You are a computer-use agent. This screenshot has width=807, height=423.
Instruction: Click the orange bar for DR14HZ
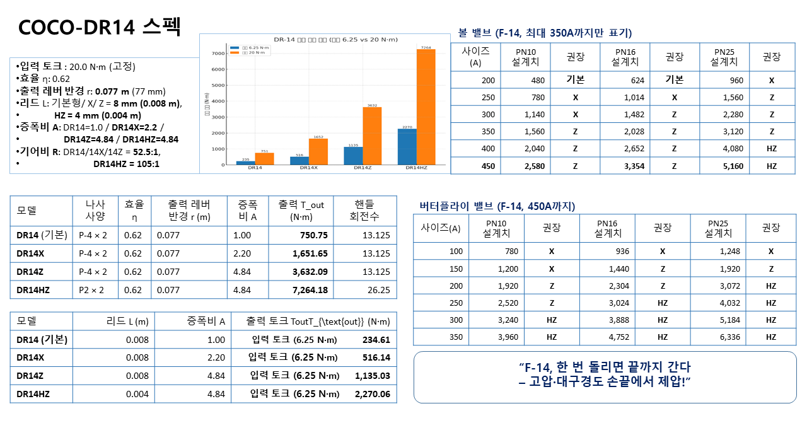[426, 107]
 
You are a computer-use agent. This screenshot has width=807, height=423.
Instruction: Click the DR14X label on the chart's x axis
[309, 168]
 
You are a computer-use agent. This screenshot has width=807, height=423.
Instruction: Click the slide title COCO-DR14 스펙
[100, 26]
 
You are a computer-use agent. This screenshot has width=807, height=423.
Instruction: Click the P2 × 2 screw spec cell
[93, 291]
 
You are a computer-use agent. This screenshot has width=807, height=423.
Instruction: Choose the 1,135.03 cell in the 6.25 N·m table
[372, 376]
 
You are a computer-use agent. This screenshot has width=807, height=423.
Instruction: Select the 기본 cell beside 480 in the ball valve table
[575, 80]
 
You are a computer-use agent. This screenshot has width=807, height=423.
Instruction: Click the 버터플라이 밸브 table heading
[497, 206]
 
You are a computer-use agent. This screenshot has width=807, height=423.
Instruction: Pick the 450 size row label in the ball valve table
[487, 166]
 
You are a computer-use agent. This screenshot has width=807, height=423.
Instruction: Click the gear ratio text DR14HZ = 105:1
[126, 163]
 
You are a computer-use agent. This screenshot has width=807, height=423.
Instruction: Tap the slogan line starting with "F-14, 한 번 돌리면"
[604, 366]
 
